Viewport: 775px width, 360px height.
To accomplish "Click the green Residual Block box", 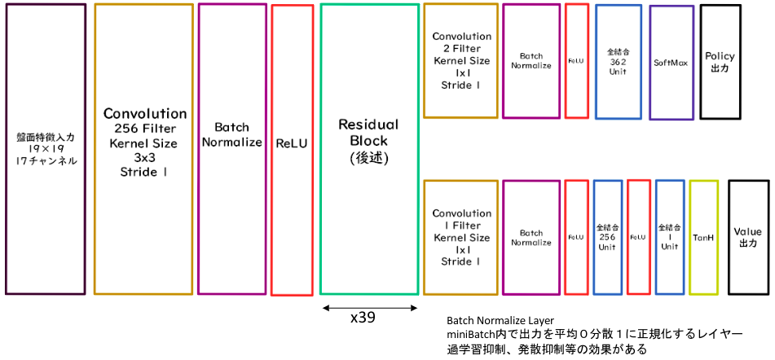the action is (x=321, y=148).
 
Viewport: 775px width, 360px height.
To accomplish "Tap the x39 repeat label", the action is (x=363, y=318).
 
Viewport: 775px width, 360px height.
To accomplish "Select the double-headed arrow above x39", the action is (x=370, y=309).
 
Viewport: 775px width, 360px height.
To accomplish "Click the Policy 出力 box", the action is (x=701, y=62).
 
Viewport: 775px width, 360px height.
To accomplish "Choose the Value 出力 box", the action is (x=729, y=237).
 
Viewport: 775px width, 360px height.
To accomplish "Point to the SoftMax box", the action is (x=650, y=63).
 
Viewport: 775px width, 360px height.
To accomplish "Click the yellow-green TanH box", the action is (x=690, y=237).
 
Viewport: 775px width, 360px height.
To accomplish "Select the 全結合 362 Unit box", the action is (x=596, y=62).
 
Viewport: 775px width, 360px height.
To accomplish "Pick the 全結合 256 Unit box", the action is (x=595, y=237).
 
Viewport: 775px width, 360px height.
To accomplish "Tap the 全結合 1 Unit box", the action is (x=656, y=237).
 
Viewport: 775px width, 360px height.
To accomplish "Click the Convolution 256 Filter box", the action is (x=95, y=149).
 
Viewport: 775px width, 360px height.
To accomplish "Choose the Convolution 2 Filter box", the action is (x=425, y=61).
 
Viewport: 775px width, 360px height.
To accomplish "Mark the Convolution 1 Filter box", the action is (x=425, y=237).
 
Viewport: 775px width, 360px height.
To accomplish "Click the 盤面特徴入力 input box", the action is (x=6, y=149).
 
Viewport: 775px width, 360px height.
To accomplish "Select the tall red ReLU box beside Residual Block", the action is (x=272, y=150).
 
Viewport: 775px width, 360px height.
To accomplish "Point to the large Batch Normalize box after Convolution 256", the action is (x=199, y=149).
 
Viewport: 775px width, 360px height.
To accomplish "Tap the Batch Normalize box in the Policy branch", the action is (x=503, y=61).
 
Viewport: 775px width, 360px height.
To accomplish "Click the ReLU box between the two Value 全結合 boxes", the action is (x=628, y=237).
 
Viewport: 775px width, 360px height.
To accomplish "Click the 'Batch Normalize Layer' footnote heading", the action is (x=503, y=319).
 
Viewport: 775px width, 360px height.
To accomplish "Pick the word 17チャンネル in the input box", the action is (x=46, y=161).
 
